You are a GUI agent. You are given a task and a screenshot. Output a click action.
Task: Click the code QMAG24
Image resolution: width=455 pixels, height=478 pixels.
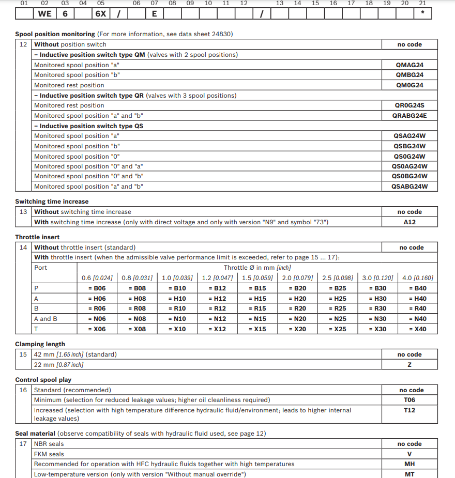coord(410,65)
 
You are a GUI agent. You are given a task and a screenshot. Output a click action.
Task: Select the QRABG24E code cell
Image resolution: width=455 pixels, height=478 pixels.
coord(410,116)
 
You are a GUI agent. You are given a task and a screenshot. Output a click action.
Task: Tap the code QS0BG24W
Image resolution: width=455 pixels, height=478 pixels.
coord(410,176)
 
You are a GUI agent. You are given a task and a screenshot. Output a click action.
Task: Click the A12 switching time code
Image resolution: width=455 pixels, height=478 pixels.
coord(410,222)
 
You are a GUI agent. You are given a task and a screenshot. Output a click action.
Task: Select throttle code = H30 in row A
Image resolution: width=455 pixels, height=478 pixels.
coord(380,299)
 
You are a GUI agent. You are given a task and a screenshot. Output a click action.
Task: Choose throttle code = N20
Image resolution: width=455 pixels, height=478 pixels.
coord(297,319)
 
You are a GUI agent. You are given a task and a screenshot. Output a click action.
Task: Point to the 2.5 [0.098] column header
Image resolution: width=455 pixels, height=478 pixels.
coord(337,278)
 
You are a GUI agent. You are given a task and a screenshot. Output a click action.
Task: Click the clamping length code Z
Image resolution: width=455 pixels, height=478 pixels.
coord(410,365)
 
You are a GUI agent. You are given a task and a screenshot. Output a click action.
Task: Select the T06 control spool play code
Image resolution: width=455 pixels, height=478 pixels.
coord(410,400)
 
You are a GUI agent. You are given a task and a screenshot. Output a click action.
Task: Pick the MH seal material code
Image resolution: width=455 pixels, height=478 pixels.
coord(410,464)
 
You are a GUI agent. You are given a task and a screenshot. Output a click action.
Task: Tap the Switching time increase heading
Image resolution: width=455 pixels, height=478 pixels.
coord(52,202)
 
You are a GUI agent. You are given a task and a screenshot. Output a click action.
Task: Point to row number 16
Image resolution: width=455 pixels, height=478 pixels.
coord(23,390)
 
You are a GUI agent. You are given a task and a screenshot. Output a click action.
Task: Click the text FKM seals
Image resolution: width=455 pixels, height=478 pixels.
coord(49,454)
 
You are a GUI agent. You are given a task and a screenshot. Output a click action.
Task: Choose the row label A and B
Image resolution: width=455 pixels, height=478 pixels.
coord(45,319)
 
